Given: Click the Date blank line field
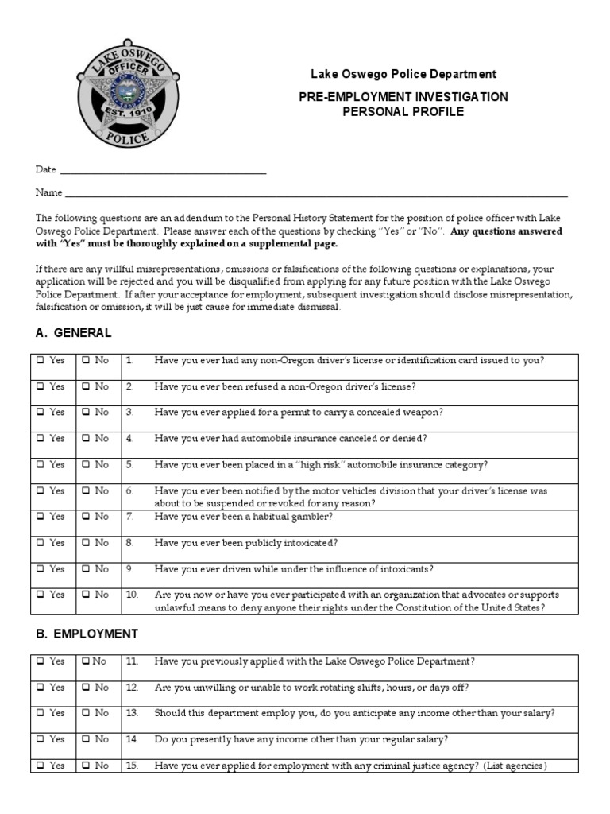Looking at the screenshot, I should [163, 170].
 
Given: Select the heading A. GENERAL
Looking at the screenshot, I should [73, 333].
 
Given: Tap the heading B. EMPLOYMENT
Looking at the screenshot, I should [87, 634].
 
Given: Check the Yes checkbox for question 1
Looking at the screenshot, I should [41, 360].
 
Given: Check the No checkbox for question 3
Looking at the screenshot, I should [86, 413].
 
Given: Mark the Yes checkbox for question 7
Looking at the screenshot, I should [41, 517].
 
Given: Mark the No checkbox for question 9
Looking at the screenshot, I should [86, 569].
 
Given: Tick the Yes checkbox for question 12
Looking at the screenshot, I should [41, 687].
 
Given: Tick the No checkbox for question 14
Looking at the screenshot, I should [86, 739].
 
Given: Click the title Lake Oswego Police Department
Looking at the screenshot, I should [403, 74].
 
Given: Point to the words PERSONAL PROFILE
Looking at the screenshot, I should [403, 112].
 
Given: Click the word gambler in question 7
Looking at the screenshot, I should [312, 517].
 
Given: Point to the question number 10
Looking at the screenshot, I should [131, 595].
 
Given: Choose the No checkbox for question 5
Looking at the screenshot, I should [86, 464].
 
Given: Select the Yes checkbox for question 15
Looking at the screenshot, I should [41, 766].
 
